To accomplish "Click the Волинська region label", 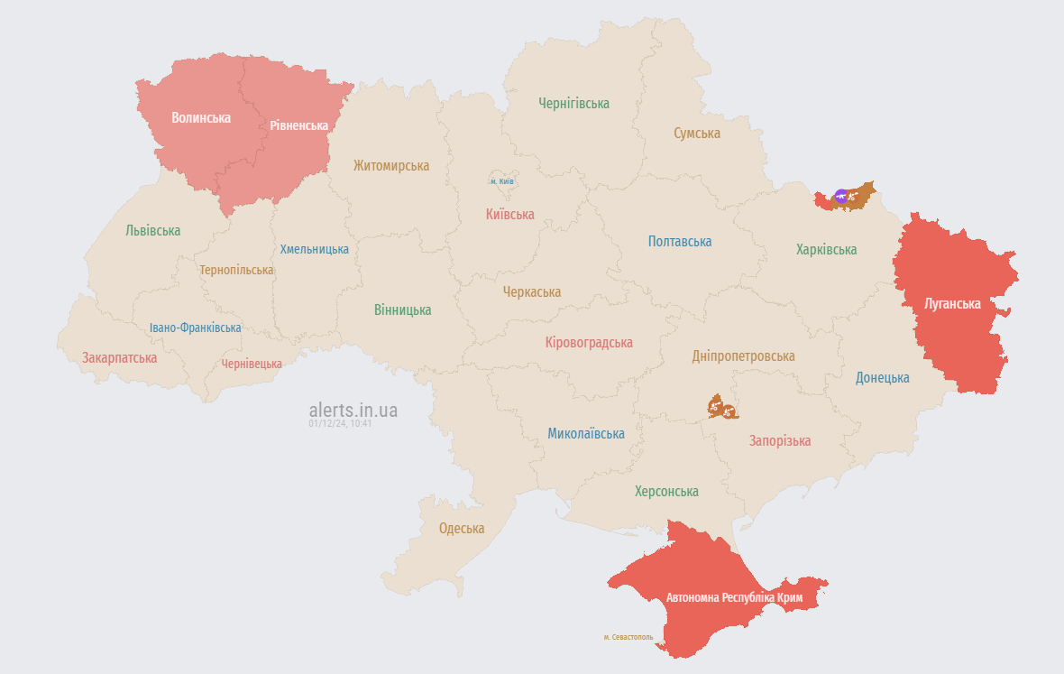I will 201,118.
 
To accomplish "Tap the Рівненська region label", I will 298,125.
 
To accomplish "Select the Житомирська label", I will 390,166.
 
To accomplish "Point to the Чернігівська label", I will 573,104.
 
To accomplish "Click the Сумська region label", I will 696,134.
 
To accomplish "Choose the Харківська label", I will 826,250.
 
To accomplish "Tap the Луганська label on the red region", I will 952,304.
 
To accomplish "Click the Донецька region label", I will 882,378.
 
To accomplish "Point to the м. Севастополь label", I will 628,637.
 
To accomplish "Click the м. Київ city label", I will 502,181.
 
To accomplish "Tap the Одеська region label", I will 461,529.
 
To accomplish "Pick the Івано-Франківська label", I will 196,328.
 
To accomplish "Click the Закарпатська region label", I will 119,358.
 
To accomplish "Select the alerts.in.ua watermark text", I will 353,411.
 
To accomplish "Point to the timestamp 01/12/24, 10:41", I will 340,423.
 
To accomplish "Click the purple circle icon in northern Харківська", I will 841,195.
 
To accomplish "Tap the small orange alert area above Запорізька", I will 722,408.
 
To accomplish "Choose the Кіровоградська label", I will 589,343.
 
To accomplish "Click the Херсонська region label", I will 666,492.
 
